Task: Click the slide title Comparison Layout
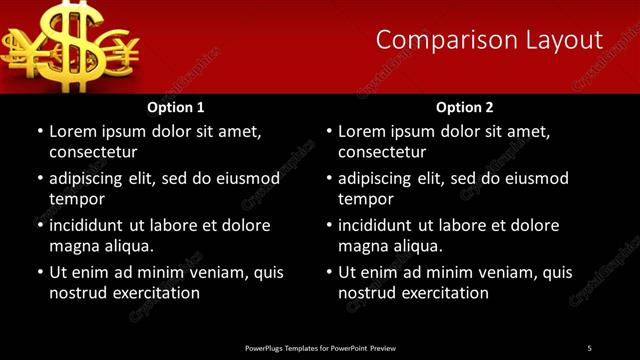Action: (x=489, y=40)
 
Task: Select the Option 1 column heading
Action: (x=176, y=106)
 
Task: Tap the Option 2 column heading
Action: (x=465, y=106)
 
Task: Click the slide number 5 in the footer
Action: (x=589, y=347)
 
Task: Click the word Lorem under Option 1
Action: (x=72, y=131)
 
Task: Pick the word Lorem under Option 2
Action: (x=361, y=131)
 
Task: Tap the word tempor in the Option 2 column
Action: (x=366, y=199)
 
